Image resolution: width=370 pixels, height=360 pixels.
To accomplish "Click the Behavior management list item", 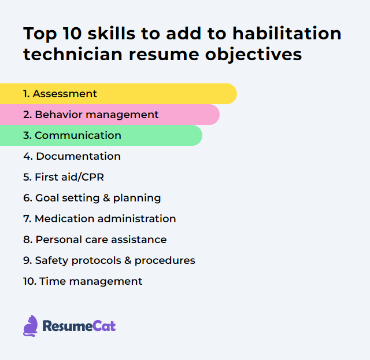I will pyautogui.click(x=91, y=115).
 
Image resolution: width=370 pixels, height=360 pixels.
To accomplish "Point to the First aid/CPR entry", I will pyautogui.click(x=64, y=177).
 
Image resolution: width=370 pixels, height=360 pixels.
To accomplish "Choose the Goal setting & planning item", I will pyautogui.click(x=92, y=198).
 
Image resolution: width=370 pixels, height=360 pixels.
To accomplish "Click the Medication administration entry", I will pyautogui.click(x=99, y=219).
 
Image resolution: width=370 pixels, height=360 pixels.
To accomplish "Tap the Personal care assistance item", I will pyautogui.click(x=95, y=240).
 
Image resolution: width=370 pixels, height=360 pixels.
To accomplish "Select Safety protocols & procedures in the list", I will pyautogui.click(x=109, y=260).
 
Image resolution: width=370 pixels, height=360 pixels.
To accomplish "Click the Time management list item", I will pyautogui.click(x=83, y=281).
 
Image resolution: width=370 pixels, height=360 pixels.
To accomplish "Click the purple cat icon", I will pyautogui.click(x=30, y=326).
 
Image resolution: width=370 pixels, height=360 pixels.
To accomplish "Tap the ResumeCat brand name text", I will pyautogui.click(x=79, y=326).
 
